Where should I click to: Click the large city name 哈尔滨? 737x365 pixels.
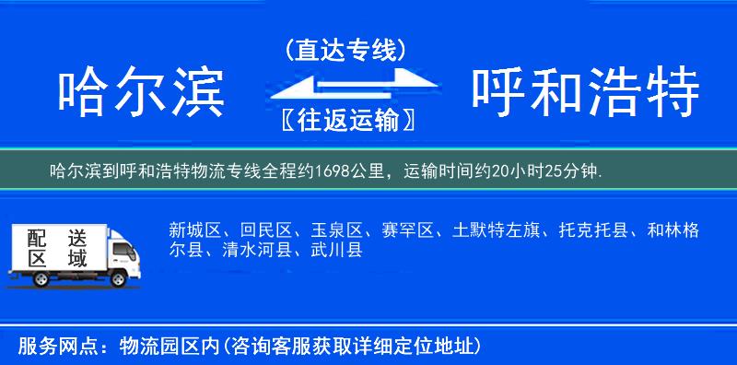[141, 93]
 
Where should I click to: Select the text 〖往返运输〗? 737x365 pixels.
[345, 120]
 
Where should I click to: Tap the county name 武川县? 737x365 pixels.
[336, 250]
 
